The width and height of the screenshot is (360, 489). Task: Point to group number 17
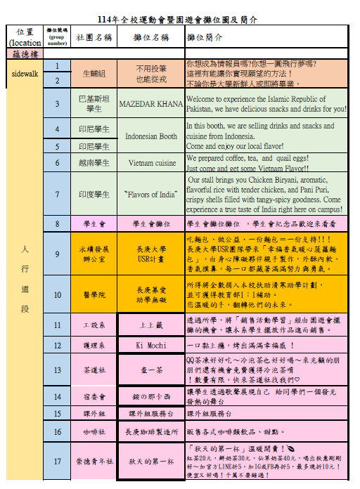point(58,462)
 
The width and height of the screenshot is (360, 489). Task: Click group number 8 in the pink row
point(58,224)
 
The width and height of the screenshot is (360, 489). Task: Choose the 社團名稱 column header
point(94,37)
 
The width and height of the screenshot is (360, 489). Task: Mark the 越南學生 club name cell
point(94,163)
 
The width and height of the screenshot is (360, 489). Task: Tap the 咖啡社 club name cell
point(94,431)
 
